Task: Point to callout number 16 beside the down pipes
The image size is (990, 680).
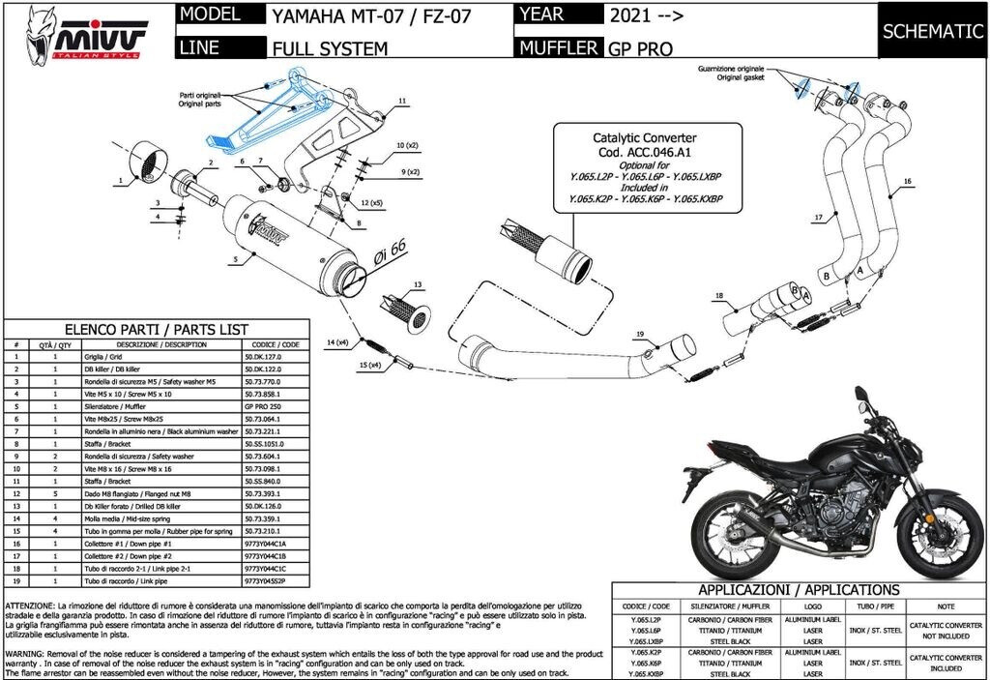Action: (908, 181)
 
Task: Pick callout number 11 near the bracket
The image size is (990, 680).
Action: (401, 100)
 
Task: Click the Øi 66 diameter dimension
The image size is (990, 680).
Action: (389, 254)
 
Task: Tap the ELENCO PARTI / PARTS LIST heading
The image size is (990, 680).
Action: (157, 329)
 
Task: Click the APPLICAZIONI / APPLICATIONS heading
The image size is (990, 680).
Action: (798, 590)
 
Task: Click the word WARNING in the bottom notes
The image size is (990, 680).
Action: (24, 653)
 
